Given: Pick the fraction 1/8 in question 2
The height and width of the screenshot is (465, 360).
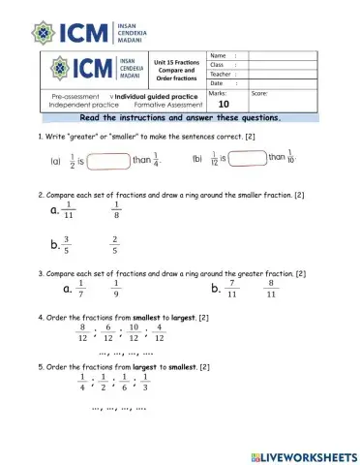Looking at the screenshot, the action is point(116,210).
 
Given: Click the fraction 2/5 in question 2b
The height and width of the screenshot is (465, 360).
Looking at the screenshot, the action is point(115,245).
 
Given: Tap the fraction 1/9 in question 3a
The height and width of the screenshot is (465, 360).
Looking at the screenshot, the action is point(116,289).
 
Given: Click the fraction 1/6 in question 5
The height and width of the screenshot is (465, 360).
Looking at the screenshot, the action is point(125,383).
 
